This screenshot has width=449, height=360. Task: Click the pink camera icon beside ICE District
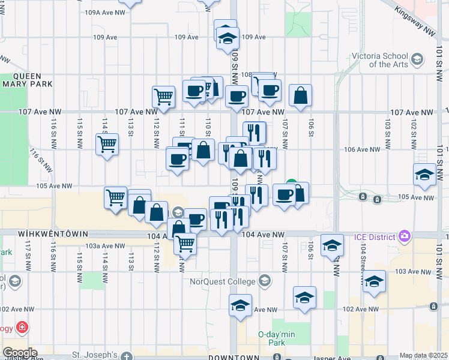(405, 235)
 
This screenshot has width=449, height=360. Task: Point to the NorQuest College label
(224, 280)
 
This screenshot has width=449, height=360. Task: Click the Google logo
(20, 352)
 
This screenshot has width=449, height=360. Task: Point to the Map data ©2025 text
(423, 356)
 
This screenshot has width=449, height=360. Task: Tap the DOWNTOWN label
(234, 358)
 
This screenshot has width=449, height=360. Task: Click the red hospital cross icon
(22, 327)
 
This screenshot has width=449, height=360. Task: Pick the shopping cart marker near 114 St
(107, 144)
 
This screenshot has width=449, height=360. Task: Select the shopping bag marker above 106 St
(300, 95)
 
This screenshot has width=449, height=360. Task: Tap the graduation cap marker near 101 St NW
(424, 175)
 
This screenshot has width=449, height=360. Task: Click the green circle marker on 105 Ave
(291, 184)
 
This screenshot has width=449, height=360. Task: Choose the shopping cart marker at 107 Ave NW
(163, 96)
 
